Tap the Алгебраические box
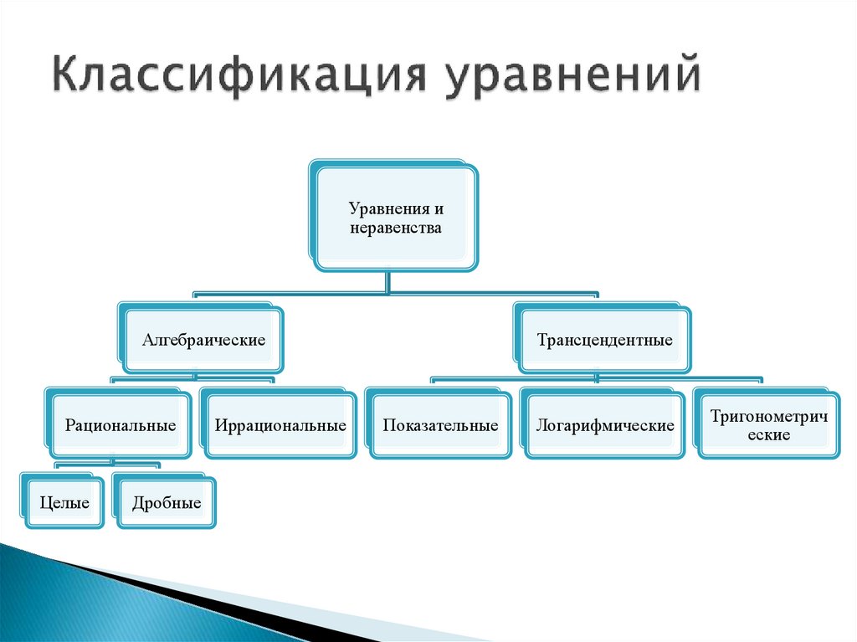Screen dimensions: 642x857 point(203,341)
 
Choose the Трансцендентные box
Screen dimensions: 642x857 point(604,341)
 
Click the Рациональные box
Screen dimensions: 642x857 point(121,425)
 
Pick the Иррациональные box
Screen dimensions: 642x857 point(280,425)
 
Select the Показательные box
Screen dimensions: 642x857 point(440,425)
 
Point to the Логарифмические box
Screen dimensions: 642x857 point(604,425)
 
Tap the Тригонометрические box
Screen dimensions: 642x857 point(767,425)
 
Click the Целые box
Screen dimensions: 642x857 point(64,503)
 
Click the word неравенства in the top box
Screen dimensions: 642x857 point(395,228)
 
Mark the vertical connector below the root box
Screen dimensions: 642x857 point(387,282)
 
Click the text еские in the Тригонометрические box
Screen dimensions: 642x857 point(767,435)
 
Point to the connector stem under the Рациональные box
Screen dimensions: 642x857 point(112,460)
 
